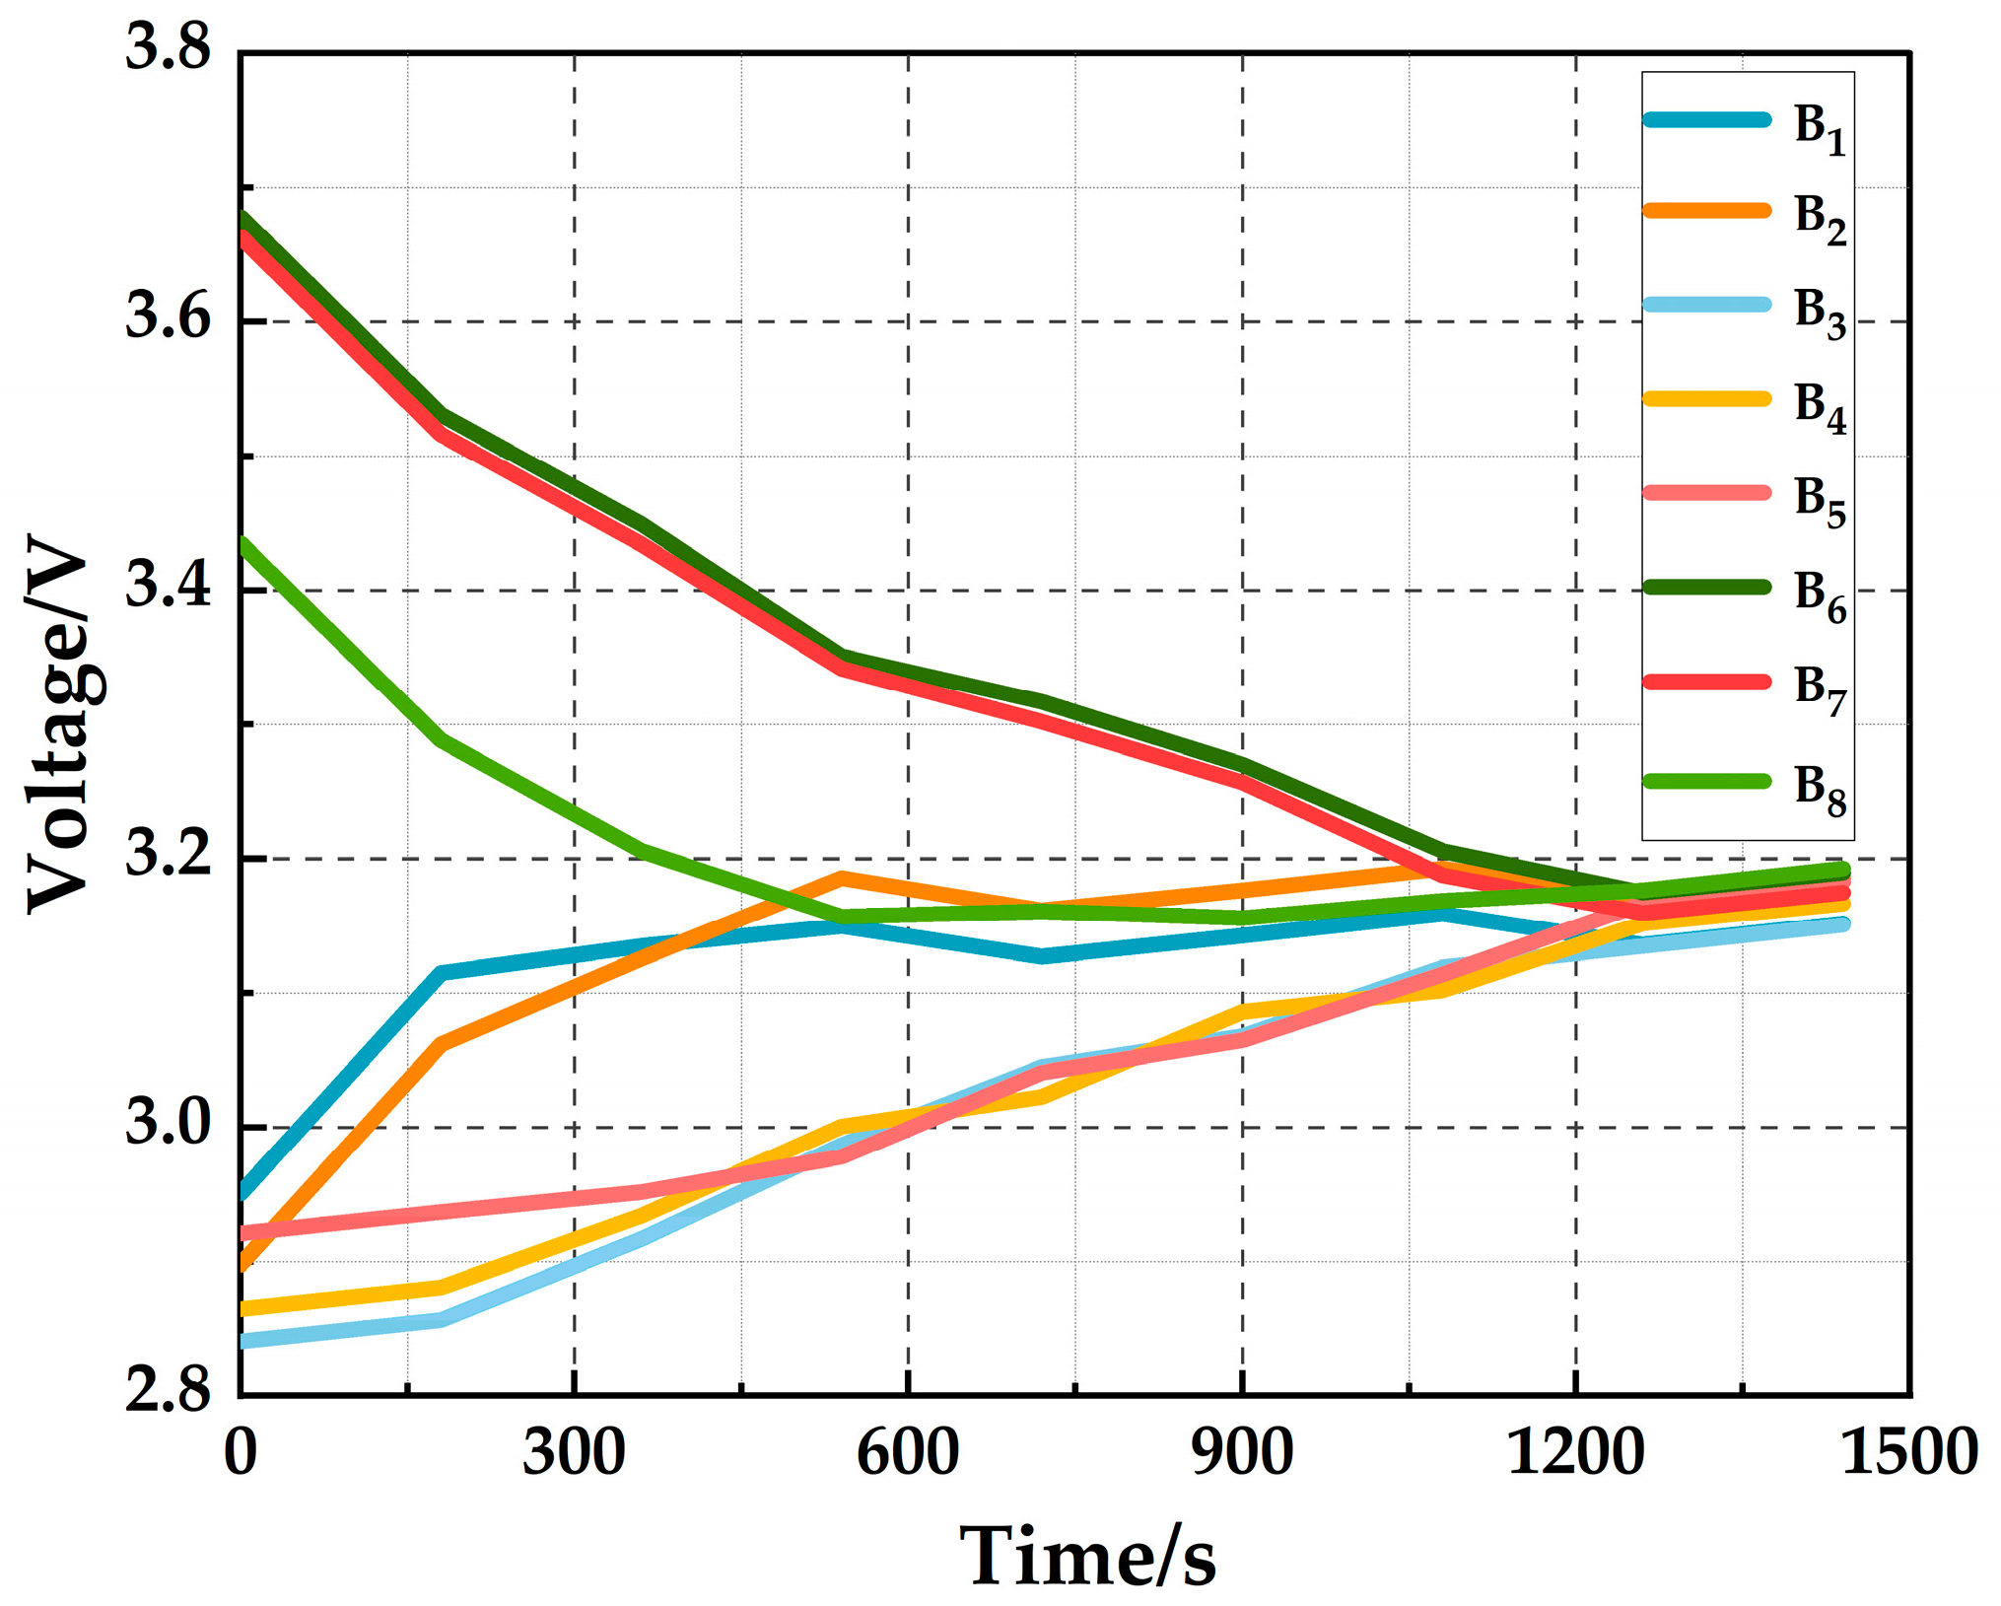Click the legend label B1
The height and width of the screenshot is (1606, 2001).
[1819, 129]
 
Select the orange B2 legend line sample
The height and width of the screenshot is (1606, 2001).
[1706, 210]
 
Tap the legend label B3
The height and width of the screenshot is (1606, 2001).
[1819, 314]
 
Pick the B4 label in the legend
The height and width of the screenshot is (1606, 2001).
[1819, 407]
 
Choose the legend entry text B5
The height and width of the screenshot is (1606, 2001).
[1819, 501]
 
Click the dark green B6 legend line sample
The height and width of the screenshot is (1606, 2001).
[1706, 587]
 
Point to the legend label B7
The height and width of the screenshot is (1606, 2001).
[1819, 689]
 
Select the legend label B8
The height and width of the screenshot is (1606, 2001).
[1819, 790]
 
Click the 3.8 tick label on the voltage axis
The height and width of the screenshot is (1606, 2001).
[168, 47]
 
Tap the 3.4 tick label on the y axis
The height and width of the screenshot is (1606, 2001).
[168, 586]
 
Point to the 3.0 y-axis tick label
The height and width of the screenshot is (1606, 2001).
[168, 1123]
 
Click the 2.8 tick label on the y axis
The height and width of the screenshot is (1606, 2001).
[168, 1390]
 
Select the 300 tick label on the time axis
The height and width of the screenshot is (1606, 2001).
[574, 1451]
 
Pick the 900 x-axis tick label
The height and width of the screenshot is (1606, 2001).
[1242, 1451]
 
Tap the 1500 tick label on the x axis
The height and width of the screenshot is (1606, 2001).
[1908, 1451]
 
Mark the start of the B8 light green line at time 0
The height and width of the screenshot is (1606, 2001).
[243, 544]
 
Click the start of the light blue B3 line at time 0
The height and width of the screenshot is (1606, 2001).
[243, 1341]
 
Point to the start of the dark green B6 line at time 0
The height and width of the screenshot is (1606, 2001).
[243, 218]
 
